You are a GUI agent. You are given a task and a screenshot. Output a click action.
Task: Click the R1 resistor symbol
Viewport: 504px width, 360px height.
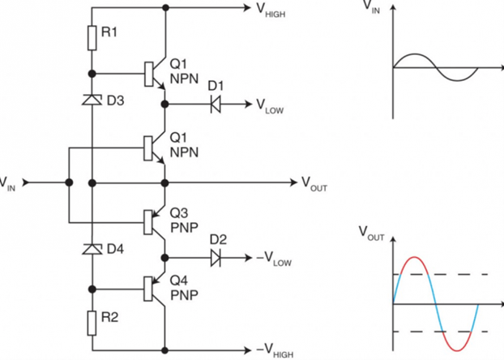tap(92, 38)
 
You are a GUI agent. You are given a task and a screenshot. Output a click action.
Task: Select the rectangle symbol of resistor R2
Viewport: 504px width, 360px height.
tap(92, 324)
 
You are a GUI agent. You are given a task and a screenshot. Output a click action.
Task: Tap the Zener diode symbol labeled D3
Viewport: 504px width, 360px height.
tap(92, 100)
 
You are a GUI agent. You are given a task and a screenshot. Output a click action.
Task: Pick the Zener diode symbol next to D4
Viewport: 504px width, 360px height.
tap(92, 249)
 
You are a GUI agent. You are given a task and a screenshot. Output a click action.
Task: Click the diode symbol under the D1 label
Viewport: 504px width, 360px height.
tap(216, 105)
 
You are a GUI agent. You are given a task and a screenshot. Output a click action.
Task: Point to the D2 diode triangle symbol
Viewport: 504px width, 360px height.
tap(216, 258)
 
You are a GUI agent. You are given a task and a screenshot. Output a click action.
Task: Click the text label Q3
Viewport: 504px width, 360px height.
tap(179, 213)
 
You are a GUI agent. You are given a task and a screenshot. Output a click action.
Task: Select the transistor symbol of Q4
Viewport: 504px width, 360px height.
tap(156, 289)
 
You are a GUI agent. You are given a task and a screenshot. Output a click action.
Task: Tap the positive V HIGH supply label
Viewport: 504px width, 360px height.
tap(271, 10)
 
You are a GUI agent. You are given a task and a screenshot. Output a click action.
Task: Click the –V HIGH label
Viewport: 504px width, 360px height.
tap(275, 350)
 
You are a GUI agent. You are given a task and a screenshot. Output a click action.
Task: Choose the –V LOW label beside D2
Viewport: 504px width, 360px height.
tap(274, 259)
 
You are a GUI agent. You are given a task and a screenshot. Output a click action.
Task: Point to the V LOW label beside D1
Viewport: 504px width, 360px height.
tap(270, 106)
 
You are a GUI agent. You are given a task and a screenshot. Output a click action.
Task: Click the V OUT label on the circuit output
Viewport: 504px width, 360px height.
tap(314, 184)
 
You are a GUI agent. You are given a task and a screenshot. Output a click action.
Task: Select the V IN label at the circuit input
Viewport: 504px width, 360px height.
tap(7, 184)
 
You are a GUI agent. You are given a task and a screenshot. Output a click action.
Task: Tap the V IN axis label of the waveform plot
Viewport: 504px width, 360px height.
tap(372, 7)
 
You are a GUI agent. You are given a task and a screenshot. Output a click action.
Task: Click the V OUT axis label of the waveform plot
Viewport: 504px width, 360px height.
tap(371, 233)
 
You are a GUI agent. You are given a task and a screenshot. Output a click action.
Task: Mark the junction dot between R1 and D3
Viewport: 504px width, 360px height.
tap(92, 74)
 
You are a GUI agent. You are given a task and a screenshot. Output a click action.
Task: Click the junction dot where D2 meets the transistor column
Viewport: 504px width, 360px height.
tap(164, 258)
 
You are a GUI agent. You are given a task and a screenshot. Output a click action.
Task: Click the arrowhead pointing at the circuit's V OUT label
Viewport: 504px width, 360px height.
tap(293, 182)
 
